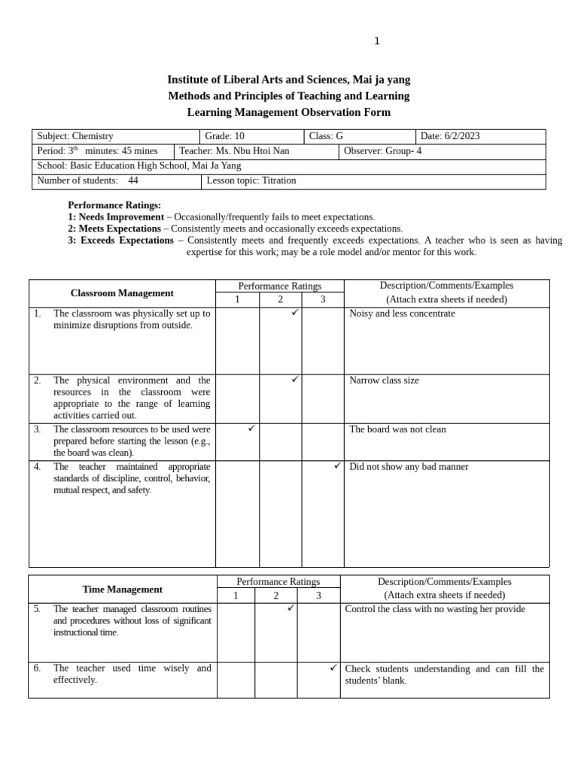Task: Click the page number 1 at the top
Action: tap(377, 41)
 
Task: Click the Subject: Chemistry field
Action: tap(75, 136)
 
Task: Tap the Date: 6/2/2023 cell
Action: tap(450, 136)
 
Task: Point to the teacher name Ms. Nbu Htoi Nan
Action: tap(252, 151)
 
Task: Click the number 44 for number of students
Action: tap(133, 180)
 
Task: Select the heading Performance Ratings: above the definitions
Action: tap(114, 205)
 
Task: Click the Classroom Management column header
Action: tap(122, 293)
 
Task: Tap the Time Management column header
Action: tap(122, 590)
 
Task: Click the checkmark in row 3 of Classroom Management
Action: tap(252, 429)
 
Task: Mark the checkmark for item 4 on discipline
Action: tap(338, 466)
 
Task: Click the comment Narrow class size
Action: tap(384, 380)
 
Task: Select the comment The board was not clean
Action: tap(397, 429)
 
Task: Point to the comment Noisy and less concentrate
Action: tap(402, 314)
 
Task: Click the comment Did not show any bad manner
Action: tap(409, 467)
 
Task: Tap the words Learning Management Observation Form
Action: tap(288, 112)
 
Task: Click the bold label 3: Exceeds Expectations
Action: tap(120, 241)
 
